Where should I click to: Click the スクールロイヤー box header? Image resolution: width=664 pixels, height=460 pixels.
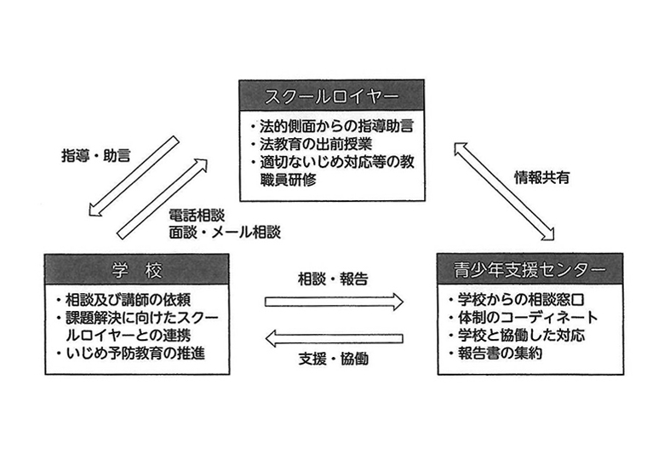click(332, 95)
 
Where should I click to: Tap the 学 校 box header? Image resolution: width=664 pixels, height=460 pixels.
click(137, 269)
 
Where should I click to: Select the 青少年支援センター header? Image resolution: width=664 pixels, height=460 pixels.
click(529, 269)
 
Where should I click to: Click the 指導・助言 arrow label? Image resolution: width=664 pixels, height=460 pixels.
click(96, 156)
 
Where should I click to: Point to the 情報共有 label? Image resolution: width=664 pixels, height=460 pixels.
click(542, 177)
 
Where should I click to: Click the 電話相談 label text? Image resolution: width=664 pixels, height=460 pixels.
click(197, 216)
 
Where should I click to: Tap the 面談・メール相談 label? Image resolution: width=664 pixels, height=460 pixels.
click(225, 232)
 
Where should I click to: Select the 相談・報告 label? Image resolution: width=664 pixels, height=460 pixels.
click(333, 279)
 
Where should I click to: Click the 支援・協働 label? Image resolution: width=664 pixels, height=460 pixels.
click(333, 359)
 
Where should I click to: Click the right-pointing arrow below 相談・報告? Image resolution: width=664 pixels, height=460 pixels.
click(334, 302)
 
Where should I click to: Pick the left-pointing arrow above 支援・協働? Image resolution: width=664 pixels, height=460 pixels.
click(334, 338)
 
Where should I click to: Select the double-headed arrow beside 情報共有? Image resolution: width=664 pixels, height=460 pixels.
click(504, 192)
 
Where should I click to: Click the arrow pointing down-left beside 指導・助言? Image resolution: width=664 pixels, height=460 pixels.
click(134, 176)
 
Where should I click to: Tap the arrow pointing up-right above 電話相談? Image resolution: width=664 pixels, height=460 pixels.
click(163, 199)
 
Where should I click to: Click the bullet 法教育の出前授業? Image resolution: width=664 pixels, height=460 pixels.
click(312, 144)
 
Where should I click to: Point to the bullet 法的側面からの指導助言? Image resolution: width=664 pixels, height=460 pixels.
click(332, 126)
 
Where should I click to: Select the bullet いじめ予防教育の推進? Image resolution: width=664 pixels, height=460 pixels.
click(131, 354)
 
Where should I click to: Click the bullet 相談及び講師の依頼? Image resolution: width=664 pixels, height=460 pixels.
click(123, 300)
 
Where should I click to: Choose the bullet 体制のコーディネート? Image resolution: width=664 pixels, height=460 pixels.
click(524, 317)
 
